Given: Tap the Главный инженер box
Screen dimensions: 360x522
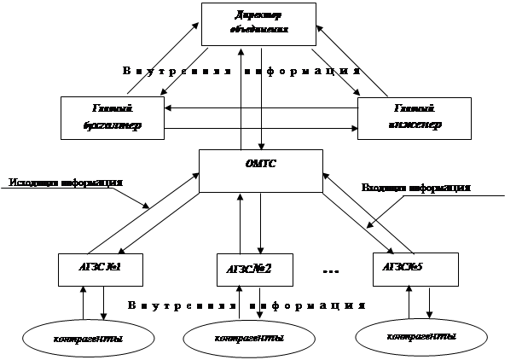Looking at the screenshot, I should click(414, 118).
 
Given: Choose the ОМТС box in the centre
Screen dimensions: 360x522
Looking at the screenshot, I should click(260, 171).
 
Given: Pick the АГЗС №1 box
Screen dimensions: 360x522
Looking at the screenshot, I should click(100, 269).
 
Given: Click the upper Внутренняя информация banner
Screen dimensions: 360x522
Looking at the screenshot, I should click(246, 70).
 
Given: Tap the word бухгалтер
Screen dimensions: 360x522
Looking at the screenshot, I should click(113, 125).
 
